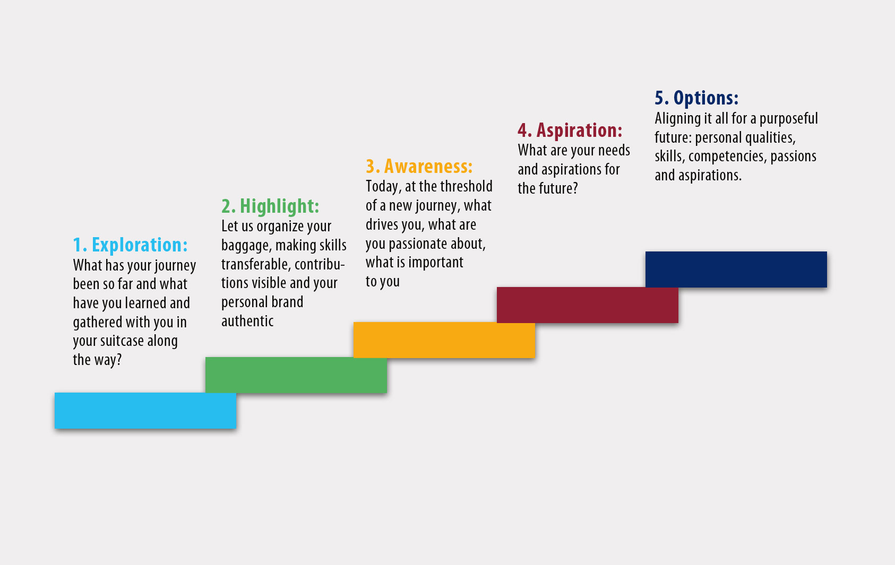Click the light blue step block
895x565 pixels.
coord(145,411)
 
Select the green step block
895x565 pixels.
coord(296,375)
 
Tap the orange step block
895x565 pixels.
coord(444,340)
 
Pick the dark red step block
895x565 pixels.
coord(587,305)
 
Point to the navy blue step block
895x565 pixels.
coord(736,269)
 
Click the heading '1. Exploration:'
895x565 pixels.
coord(130,245)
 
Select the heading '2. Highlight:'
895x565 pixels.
coord(271,206)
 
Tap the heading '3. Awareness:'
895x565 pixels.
coord(419,167)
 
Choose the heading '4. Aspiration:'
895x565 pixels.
coord(570,131)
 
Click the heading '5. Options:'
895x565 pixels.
coord(696,98)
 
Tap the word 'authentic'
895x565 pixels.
coord(247,321)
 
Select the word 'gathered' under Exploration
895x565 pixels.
coord(98,322)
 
